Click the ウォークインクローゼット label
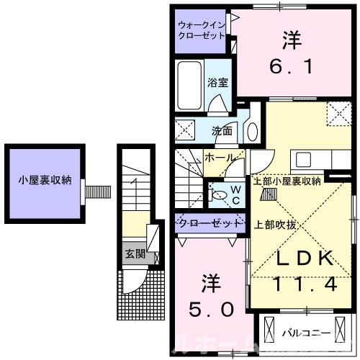[x=202, y=30]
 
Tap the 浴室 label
[x=217, y=83]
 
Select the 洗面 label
[x=222, y=132]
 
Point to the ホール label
[x=219, y=157]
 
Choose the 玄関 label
[x=135, y=253]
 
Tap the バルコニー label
[x=306, y=333]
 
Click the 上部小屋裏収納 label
[x=286, y=181]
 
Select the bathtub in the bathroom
[x=189, y=85]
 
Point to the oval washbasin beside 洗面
[x=252, y=131]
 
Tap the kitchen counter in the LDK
[x=310, y=160]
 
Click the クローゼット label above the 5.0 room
[x=209, y=223]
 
